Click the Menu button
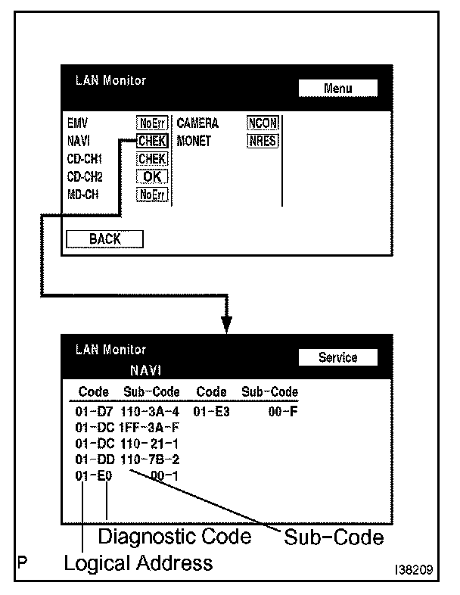pos(337,89)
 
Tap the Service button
pos(337,357)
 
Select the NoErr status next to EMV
pos(151,124)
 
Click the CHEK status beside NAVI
pos(151,142)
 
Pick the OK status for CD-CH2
pos(151,176)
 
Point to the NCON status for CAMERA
pos(263,124)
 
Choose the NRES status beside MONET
pos(263,142)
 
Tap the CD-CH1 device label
pos(85,159)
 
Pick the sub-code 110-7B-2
pos(150,459)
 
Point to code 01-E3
pos(211,413)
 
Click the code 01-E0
pos(94,475)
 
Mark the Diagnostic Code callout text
pos(175,537)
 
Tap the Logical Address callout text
pos(138,563)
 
